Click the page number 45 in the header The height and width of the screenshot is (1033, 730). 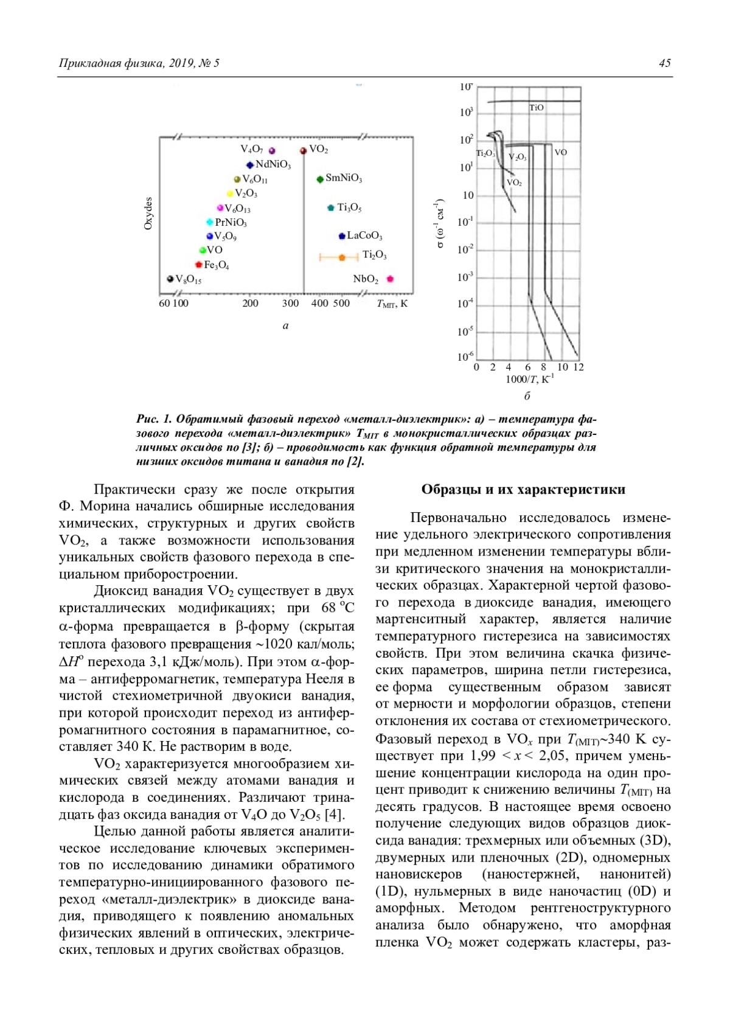664,63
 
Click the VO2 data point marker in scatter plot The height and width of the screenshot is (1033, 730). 303,150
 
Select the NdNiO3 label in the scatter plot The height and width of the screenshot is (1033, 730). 273,164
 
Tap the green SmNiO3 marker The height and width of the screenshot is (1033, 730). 319,179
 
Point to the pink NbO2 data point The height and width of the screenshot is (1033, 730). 390,279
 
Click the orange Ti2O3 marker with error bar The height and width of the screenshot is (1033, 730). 341,258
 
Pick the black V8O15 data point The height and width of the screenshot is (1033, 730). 170,279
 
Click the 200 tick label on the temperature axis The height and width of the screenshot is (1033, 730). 250,304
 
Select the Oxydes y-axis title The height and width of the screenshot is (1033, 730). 148,213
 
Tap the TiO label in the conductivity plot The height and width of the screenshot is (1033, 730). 537,108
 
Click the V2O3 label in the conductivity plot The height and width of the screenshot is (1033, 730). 518,158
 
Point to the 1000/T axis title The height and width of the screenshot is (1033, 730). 529,380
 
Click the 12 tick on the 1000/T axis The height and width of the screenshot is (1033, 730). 579,367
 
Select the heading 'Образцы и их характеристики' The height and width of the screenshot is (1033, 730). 523,490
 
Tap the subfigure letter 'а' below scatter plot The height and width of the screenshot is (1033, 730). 286,325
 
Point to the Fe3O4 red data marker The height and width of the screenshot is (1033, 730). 198,265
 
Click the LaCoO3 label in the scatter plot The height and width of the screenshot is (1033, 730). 364,235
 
